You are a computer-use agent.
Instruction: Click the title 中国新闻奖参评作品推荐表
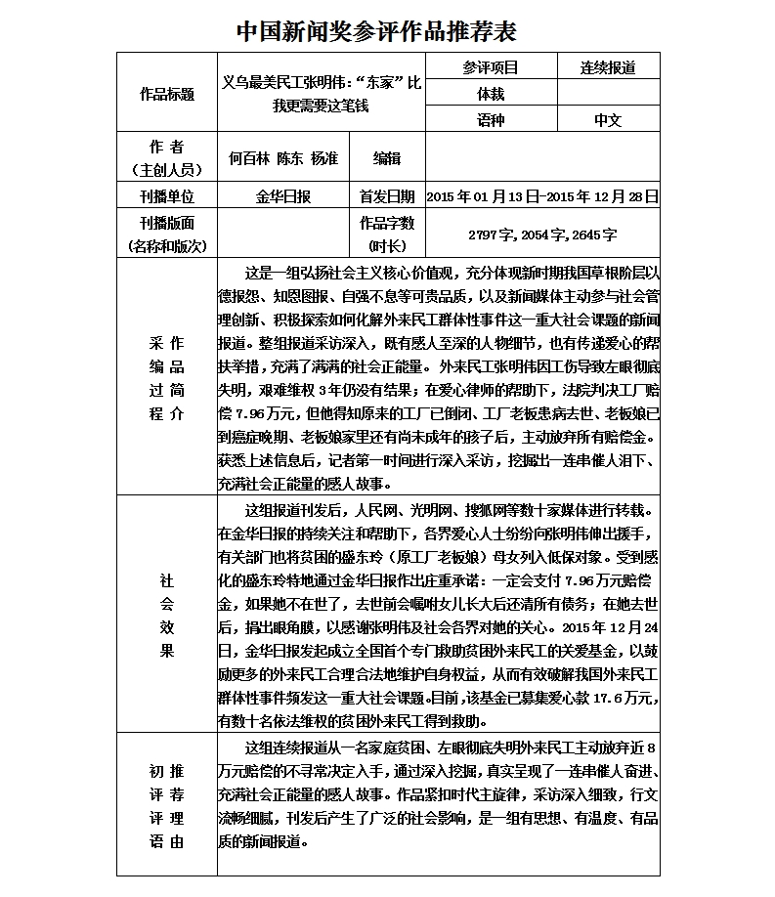(x=376, y=31)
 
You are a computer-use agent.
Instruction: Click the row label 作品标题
(x=167, y=94)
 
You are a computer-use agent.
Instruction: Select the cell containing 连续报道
(x=608, y=67)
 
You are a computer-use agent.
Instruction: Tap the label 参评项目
(x=491, y=67)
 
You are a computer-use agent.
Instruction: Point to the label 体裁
(x=491, y=94)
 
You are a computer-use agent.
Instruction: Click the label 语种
(x=491, y=120)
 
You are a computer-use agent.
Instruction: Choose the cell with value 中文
(x=608, y=120)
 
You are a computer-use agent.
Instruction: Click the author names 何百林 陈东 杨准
(x=282, y=157)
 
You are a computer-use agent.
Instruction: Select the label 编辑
(x=387, y=157)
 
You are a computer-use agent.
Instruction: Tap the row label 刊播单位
(x=167, y=197)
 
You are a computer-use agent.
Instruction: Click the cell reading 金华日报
(x=282, y=197)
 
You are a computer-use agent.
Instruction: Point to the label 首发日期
(x=387, y=197)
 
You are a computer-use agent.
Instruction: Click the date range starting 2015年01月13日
(x=542, y=197)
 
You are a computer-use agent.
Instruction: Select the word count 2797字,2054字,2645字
(x=542, y=235)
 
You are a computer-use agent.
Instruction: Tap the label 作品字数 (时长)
(x=387, y=235)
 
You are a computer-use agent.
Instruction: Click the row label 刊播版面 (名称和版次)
(x=167, y=235)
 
